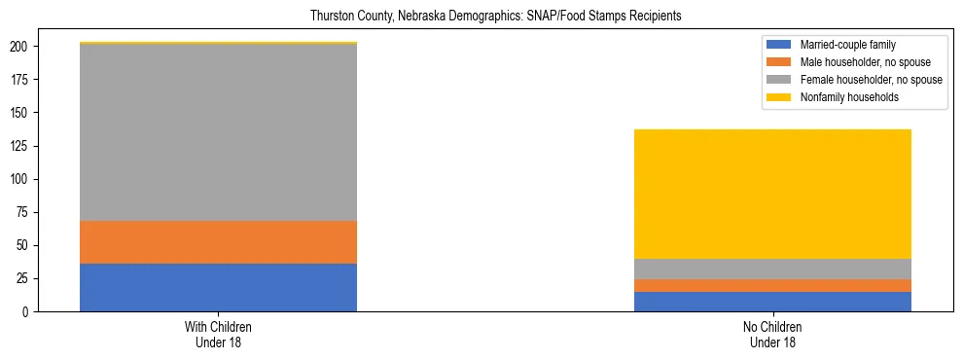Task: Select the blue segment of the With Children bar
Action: (x=218, y=287)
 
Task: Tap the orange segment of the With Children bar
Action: (x=218, y=242)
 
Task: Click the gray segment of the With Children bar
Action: (x=218, y=132)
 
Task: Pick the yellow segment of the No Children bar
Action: (x=772, y=194)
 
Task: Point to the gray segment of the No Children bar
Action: (x=772, y=269)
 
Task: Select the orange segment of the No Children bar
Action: (x=772, y=285)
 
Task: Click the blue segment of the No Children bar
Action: (x=772, y=302)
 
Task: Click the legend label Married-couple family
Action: (x=848, y=45)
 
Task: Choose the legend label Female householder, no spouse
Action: (x=870, y=80)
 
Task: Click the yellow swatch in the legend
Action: (x=779, y=97)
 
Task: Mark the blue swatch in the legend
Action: (x=779, y=45)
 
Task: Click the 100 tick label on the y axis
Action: (x=29, y=179)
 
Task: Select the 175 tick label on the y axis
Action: (x=29, y=80)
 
